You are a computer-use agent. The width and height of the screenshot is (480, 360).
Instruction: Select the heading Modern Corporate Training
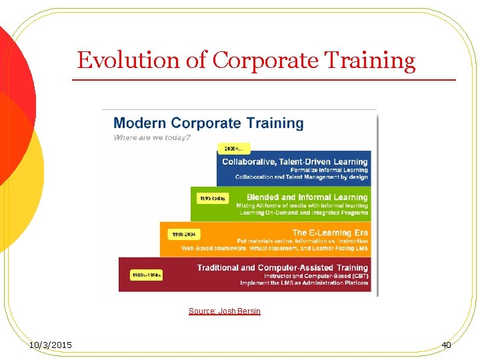208,123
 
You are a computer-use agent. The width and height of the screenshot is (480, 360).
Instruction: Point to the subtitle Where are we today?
152,137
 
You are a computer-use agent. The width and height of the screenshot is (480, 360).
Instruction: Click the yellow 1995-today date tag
212,198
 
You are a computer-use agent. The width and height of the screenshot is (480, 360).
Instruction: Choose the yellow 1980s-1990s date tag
146,275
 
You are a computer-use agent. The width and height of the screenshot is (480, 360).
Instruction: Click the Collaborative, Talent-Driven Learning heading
295,161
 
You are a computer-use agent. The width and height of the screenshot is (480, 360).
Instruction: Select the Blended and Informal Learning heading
307,197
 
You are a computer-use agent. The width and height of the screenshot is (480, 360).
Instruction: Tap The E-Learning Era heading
329,233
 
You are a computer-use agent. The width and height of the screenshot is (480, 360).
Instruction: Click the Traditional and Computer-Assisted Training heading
282,267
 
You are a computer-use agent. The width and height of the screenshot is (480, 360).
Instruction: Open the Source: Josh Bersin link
224,311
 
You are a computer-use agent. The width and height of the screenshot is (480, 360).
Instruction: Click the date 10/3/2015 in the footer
51,345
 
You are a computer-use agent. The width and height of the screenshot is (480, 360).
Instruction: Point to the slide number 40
446,345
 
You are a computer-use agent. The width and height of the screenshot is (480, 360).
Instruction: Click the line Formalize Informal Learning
329,170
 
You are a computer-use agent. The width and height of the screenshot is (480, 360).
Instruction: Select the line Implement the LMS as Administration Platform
304,283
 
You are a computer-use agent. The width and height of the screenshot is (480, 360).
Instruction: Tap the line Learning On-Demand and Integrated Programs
303,213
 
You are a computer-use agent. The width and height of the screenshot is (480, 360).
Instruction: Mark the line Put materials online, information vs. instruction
303,241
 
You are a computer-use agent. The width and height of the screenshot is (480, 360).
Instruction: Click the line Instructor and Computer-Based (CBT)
316,275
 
